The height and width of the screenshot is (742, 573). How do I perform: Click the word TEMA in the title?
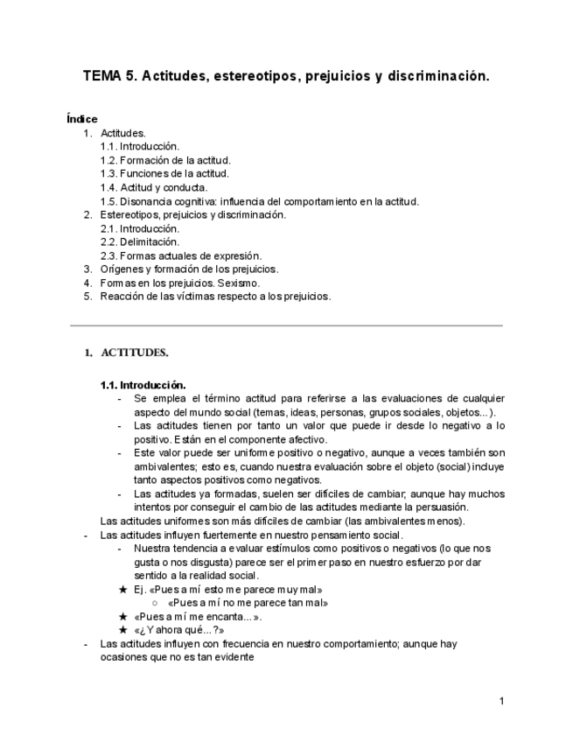(x=102, y=76)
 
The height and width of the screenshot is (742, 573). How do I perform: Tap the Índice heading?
(x=82, y=119)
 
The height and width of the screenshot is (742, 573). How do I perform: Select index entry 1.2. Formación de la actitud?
(x=164, y=160)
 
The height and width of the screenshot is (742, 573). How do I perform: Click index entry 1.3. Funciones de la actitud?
(x=164, y=173)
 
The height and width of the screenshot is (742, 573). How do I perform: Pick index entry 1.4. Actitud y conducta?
(x=153, y=187)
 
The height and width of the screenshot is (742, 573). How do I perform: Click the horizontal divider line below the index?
(x=286, y=325)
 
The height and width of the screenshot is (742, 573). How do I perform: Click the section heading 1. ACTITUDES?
(x=126, y=353)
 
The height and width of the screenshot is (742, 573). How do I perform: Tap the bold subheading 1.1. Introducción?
(x=143, y=384)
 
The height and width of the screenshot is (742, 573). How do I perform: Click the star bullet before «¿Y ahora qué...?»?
(x=123, y=629)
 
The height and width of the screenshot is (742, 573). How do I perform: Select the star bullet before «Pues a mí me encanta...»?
(x=123, y=616)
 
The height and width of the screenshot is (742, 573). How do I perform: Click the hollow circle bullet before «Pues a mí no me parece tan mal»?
(x=154, y=603)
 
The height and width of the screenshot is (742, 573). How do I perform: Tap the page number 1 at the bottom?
(x=501, y=701)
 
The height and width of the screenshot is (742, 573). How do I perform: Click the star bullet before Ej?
(x=123, y=590)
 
